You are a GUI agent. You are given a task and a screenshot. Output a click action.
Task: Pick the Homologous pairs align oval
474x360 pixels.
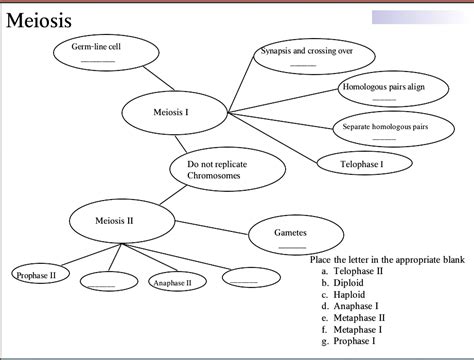tap(383, 89)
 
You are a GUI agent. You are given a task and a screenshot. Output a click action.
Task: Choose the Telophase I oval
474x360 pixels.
tap(361, 162)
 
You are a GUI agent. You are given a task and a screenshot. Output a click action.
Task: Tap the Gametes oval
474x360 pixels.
tap(290, 235)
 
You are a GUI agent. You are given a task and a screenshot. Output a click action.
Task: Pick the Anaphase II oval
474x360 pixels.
tap(172, 283)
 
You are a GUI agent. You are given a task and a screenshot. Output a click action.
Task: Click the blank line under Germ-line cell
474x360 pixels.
tap(97, 62)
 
